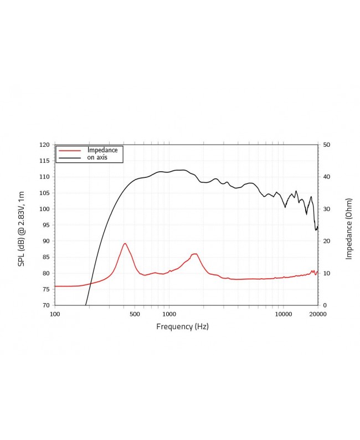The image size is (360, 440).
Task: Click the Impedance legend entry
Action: (x=102, y=150)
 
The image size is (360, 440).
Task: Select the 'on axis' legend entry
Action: (x=97, y=157)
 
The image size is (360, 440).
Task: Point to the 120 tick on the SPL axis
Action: (x=44, y=145)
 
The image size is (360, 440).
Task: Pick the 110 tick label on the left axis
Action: (x=44, y=177)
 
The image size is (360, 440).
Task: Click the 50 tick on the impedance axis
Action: (x=327, y=145)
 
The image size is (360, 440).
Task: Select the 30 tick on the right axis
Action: (x=327, y=209)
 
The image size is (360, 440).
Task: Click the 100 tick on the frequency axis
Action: (x=55, y=314)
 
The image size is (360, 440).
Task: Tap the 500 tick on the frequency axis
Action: (x=135, y=314)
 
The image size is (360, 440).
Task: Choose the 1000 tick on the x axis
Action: (x=169, y=314)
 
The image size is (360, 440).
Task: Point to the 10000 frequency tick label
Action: (x=283, y=314)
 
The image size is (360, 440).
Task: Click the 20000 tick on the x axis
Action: (x=317, y=314)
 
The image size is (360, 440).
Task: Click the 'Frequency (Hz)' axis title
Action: (x=182, y=326)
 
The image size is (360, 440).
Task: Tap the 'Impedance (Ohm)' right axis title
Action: (x=349, y=229)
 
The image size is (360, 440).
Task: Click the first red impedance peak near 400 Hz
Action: (x=125, y=243)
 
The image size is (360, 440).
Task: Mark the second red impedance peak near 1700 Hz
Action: (x=196, y=254)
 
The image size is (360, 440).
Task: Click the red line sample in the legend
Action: (x=70, y=150)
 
